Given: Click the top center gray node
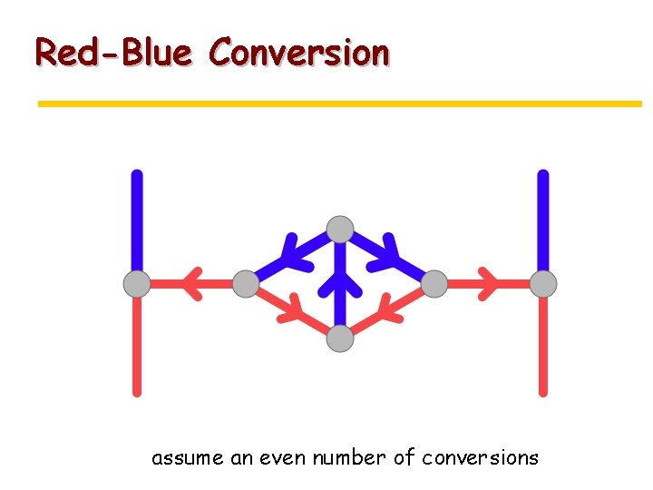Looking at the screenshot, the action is [340, 230].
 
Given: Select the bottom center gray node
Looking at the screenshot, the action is [340, 339].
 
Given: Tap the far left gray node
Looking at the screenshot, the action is [137, 284].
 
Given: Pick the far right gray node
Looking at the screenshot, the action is [543, 284].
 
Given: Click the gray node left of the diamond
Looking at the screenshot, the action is [246, 284].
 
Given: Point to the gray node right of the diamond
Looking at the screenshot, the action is [434, 284].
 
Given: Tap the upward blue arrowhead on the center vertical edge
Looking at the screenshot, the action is [340, 283].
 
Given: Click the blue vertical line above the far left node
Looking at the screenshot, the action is [137, 218].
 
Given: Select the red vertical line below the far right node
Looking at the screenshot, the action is [543, 345].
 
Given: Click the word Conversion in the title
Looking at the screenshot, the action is [299, 53].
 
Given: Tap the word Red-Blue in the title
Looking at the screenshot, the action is [113, 53].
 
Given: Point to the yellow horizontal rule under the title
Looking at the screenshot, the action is [339, 104].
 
